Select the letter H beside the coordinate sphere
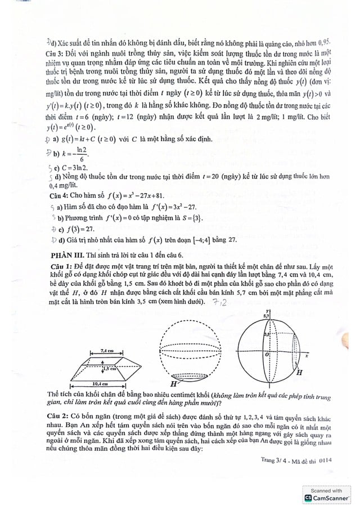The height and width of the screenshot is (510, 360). pos(300,373)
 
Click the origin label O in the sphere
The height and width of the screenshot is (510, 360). pos(267,355)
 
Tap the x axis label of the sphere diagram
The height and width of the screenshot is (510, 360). pos(307,356)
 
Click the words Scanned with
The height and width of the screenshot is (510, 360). pos(326,491)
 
